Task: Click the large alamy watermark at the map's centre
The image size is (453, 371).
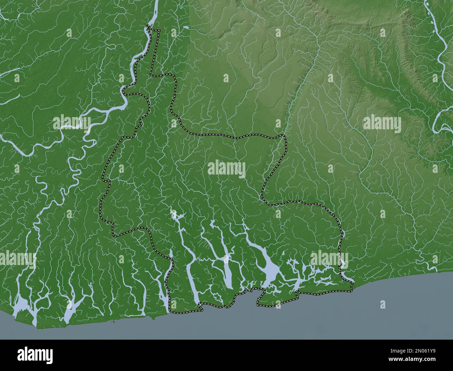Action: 227,169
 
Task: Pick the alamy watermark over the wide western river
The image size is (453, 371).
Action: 71,122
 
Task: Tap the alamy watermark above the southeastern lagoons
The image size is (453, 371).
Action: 329,258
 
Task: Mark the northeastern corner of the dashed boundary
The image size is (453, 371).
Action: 284,136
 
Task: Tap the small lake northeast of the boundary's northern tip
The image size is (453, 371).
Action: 186,27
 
